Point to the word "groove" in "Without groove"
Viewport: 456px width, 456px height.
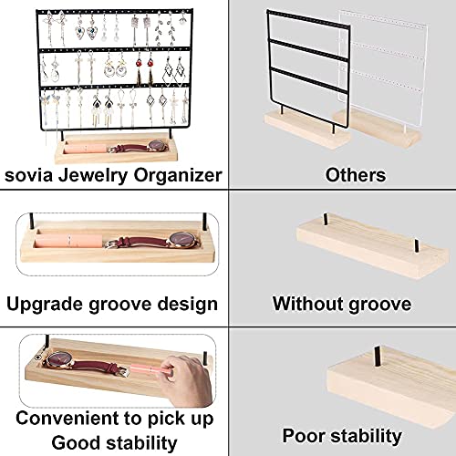tap(377, 304)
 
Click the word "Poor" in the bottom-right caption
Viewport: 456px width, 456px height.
tap(306, 436)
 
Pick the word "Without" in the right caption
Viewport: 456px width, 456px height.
tap(307, 304)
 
